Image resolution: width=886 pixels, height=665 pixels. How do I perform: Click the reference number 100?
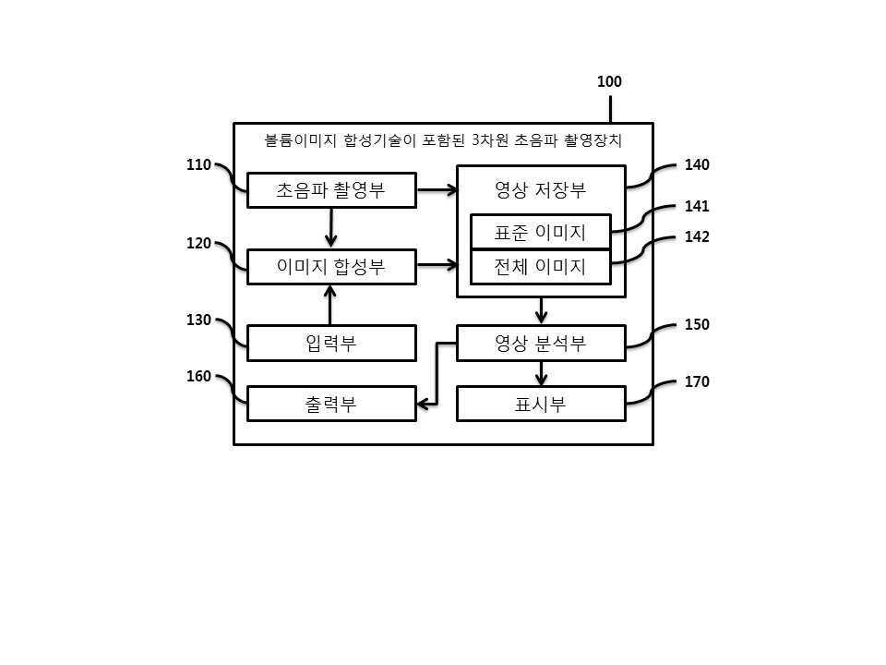click(609, 81)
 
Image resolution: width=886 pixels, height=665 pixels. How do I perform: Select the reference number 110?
click(198, 164)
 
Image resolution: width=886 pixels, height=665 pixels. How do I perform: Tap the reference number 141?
click(697, 206)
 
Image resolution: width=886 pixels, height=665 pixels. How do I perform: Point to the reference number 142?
click(697, 236)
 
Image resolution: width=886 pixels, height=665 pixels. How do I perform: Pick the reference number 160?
click(198, 376)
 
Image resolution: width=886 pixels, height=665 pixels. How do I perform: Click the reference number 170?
click(697, 381)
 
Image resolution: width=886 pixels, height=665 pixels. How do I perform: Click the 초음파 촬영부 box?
click(331, 190)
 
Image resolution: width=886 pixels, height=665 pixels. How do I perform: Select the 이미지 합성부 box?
click(331, 266)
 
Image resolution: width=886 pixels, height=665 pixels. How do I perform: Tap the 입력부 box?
click(331, 343)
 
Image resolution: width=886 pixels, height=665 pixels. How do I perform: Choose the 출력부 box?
click(331, 404)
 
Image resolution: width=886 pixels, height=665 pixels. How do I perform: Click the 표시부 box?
click(541, 404)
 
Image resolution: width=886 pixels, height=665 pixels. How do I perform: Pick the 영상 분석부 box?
click(541, 343)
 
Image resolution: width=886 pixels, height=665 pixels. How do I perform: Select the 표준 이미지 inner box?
click(541, 232)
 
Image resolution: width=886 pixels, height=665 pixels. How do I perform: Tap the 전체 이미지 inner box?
click(541, 267)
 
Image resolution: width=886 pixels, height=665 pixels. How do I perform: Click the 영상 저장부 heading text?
click(540, 189)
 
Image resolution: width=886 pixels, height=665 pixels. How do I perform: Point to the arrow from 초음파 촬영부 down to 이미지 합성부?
click(331, 227)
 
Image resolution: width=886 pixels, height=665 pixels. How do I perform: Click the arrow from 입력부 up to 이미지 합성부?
click(330, 305)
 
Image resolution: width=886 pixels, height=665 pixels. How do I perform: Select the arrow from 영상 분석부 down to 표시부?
click(542, 373)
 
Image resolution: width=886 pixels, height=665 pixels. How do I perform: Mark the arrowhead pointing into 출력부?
click(422, 404)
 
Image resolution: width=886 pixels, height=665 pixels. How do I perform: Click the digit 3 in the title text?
click(475, 139)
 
